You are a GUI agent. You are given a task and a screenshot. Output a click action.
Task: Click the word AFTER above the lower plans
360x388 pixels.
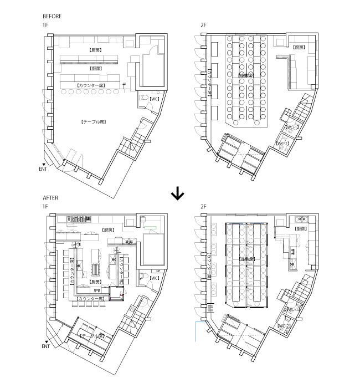click(x=50, y=197)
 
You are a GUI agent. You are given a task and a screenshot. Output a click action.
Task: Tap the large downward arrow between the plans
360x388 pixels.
click(x=177, y=193)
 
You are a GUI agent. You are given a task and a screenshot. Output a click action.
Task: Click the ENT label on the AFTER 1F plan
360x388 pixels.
click(x=45, y=346)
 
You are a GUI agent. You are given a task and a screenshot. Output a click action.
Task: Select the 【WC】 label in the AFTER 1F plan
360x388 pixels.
click(x=155, y=277)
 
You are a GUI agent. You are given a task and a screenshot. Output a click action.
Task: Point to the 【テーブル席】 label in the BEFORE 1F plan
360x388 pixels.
click(x=93, y=121)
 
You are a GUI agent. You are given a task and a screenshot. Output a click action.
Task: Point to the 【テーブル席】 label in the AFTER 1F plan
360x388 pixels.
click(x=92, y=336)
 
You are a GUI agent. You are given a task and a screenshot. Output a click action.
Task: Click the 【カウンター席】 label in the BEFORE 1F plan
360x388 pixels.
click(x=92, y=85)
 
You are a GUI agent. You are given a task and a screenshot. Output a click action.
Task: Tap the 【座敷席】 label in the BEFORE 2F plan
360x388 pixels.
click(x=245, y=75)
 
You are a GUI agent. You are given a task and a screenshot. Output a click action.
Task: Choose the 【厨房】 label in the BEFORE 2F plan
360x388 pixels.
click(x=300, y=47)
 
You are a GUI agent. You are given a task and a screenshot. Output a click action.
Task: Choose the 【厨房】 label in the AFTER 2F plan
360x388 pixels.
click(x=301, y=228)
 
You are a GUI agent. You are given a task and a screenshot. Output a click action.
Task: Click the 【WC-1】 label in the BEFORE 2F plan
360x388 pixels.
click(x=291, y=127)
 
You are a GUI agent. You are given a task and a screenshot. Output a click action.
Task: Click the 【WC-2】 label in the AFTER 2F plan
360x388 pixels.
click(x=284, y=326)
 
